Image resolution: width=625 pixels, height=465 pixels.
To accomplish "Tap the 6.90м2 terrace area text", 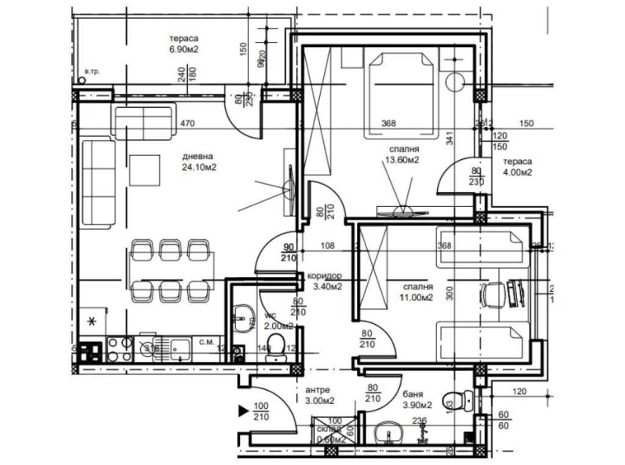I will coord(184,49).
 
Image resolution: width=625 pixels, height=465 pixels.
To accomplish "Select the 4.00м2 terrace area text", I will coord(519,173).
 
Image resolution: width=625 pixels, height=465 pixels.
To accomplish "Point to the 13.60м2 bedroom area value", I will coord(402,161).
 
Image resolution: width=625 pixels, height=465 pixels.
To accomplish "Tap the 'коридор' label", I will coord(324,276).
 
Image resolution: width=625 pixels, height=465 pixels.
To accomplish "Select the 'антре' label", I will coord(318,390).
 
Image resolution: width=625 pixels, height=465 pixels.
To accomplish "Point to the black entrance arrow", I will coord(243,410).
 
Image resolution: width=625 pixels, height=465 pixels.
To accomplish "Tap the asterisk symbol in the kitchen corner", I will coord(92,320).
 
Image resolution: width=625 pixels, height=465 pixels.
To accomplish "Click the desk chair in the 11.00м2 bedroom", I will coord(493,293).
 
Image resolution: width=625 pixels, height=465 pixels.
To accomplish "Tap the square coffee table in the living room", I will coord(150,170).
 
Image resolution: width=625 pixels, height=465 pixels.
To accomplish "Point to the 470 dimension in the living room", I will coord(186,125).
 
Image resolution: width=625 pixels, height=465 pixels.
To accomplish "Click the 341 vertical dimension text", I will coord(450,139).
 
